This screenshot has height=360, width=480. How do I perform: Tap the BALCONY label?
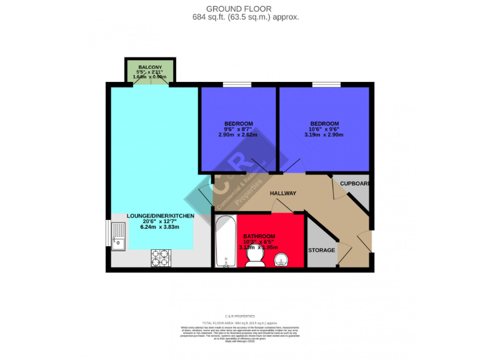(x=150, y=67)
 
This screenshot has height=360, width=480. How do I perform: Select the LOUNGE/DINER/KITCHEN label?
(x=161, y=216)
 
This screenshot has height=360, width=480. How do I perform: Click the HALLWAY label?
(x=282, y=193)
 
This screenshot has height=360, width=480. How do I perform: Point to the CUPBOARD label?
(x=355, y=184)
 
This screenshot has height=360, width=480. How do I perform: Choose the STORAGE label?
(x=321, y=250)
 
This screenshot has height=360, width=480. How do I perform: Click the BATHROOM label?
(x=259, y=237)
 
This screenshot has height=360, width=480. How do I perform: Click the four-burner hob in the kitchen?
(x=161, y=257)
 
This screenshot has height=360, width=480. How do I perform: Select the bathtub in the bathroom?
(x=224, y=242)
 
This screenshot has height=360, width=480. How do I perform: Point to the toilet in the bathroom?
(x=255, y=257)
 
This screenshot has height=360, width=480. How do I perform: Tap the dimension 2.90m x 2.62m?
(x=238, y=134)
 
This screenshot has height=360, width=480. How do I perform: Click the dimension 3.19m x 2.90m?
(x=324, y=134)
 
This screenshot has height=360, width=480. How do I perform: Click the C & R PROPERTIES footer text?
(x=240, y=317)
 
